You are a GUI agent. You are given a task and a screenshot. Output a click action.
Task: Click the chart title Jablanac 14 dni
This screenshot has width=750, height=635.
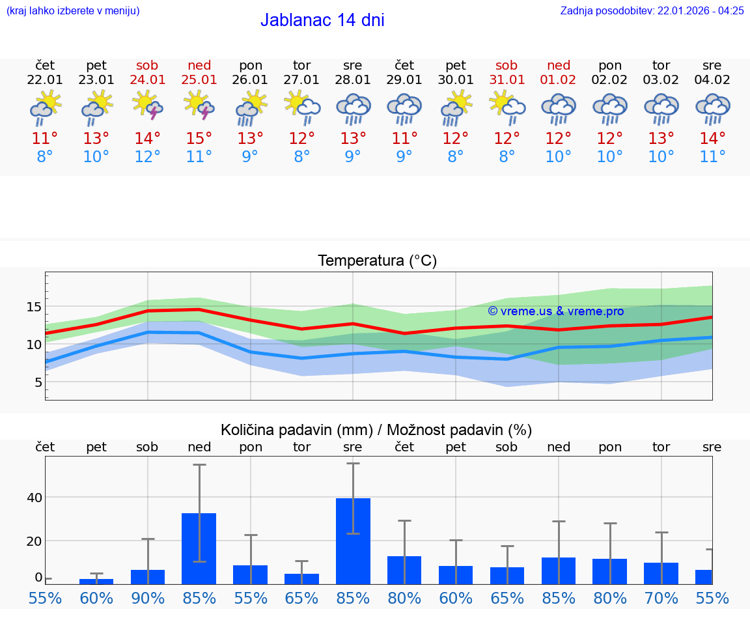(x=322, y=20)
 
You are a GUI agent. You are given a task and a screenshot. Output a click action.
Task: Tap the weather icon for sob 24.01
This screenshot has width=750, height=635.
(x=147, y=106)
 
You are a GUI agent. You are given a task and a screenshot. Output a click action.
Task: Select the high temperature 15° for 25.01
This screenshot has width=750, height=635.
(x=199, y=139)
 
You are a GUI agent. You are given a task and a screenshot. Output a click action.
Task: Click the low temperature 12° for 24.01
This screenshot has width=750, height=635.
(x=147, y=157)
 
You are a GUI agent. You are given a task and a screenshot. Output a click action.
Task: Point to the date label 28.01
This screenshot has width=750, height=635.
(x=352, y=80)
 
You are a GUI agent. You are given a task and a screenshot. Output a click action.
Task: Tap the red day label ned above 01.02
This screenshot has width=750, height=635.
(x=558, y=66)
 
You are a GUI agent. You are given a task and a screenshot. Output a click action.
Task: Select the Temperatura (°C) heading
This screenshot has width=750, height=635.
(x=377, y=261)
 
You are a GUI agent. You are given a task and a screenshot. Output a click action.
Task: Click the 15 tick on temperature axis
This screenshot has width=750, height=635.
(x=35, y=307)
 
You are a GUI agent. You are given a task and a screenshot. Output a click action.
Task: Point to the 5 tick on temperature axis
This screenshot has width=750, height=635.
(x=38, y=382)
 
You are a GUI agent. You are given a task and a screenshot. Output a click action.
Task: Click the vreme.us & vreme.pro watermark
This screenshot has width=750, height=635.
(x=555, y=311)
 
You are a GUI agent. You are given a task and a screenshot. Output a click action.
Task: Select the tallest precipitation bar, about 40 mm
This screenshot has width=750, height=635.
(x=353, y=541)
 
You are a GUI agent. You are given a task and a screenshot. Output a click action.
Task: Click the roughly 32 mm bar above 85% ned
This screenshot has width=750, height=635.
(x=199, y=548)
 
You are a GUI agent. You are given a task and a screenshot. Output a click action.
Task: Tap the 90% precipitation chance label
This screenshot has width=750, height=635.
(x=148, y=599)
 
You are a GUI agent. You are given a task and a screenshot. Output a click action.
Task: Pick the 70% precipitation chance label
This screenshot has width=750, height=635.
(x=661, y=599)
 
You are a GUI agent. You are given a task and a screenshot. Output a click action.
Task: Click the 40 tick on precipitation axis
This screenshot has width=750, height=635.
(x=35, y=498)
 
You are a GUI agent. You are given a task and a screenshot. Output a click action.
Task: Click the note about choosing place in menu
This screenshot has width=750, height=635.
(x=73, y=11)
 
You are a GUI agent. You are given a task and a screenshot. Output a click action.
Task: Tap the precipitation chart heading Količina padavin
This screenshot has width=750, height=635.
(x=376, y=430)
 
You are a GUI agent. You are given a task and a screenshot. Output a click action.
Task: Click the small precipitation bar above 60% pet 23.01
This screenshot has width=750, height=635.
(x=96, y=581)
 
